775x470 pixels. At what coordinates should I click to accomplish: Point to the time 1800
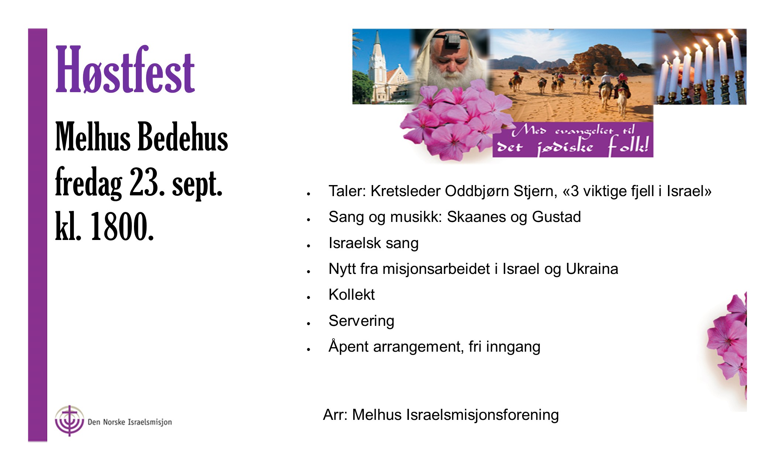point(122,226)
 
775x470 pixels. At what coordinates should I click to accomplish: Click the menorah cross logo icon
point(69,421)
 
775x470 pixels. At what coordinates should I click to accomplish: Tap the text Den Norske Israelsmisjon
point(130,422)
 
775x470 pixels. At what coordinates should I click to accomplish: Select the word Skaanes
point(476,217)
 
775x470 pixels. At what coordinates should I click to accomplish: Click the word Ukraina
point(592,269)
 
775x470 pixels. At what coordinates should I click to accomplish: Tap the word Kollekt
point(352,295)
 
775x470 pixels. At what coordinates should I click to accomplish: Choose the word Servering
point(361,321)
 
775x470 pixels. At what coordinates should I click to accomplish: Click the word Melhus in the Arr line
point(377,415)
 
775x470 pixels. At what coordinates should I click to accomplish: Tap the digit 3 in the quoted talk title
point(575,191)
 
